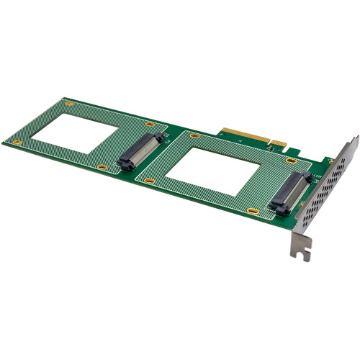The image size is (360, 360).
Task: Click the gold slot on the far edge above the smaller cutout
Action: point(69,104)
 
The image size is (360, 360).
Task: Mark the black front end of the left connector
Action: point(122,163)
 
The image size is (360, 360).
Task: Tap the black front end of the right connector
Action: point(279,208)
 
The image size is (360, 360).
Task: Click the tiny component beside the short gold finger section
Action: point(269,147)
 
